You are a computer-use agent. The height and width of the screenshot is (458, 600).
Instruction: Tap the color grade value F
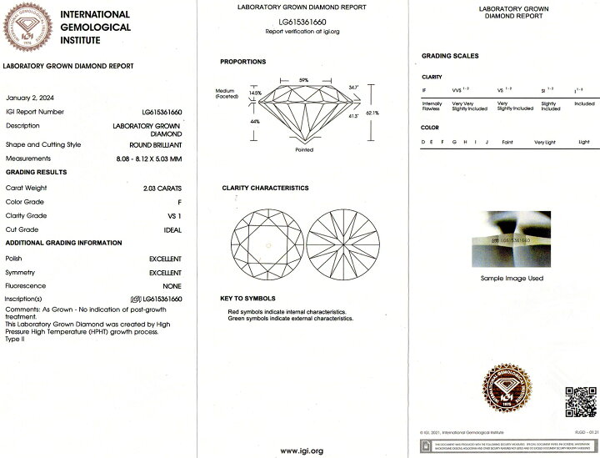[178, 202]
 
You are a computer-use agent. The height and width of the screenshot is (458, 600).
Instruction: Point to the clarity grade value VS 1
[172, 215]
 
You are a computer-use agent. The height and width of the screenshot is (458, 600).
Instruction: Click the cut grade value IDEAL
[172, 229]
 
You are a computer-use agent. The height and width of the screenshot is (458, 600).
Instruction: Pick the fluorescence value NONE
[171, 286]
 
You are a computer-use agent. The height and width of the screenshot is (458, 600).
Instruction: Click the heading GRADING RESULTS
[37, 173]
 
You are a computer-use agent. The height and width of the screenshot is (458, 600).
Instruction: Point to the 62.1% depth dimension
[372, 113]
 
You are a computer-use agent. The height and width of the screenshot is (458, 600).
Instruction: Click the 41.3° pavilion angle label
[352, 117]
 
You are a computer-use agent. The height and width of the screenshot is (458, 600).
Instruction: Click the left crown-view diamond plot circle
[267, 244]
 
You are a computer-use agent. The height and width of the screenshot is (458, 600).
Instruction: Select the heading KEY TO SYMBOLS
[247, 299]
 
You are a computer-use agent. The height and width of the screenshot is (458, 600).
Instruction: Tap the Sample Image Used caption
[512, 278]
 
